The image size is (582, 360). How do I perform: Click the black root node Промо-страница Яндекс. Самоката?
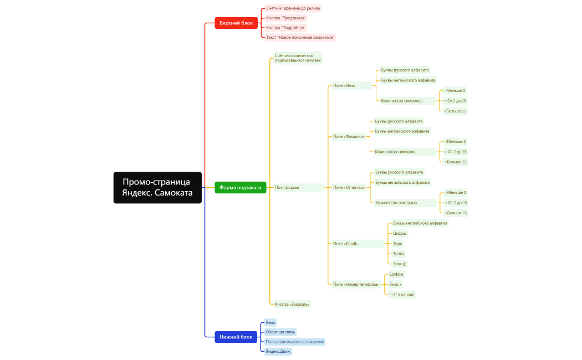pos(157,188)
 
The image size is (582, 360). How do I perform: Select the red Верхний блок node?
pos(236,23)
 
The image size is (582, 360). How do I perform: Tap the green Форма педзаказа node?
pos(240,188)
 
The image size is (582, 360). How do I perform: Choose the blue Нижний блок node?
pos(236,337)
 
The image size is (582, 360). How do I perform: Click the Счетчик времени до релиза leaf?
pos(293,8)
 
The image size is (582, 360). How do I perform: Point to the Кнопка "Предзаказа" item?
pos(286,18)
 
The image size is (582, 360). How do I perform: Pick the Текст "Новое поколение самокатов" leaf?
pos(300,38)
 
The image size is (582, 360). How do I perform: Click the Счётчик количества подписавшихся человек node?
pos(298,58)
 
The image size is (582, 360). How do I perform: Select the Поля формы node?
pos(298,188)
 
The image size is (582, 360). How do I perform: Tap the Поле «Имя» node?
pos(352,86)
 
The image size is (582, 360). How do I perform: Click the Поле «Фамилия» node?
pos(349,136)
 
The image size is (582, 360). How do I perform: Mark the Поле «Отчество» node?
pos(349,188)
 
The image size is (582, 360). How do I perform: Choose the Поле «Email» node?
pos(358,244)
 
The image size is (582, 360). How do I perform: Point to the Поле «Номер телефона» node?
pos(356,284)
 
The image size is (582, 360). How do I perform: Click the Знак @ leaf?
pos(400,264)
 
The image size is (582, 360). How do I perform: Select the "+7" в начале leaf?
pos(402,295)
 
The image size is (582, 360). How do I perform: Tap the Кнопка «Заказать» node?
pos(292,305)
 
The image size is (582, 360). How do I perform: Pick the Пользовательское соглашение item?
pos(295,342)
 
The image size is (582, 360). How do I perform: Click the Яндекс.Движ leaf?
pos(278,352)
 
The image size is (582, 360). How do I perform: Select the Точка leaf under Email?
pos(399,254)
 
